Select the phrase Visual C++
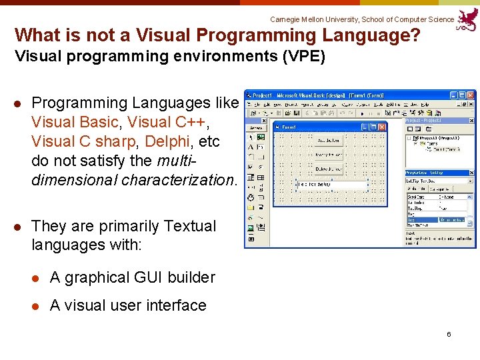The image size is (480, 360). (167, 122)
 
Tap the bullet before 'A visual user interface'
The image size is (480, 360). (37, 305)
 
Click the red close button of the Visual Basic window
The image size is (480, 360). (471, 95)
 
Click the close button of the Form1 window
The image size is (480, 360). (383, 127)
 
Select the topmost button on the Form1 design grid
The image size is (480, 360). (328, 141)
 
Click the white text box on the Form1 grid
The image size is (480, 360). (331, 185)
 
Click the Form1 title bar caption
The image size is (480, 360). (289, 127)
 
